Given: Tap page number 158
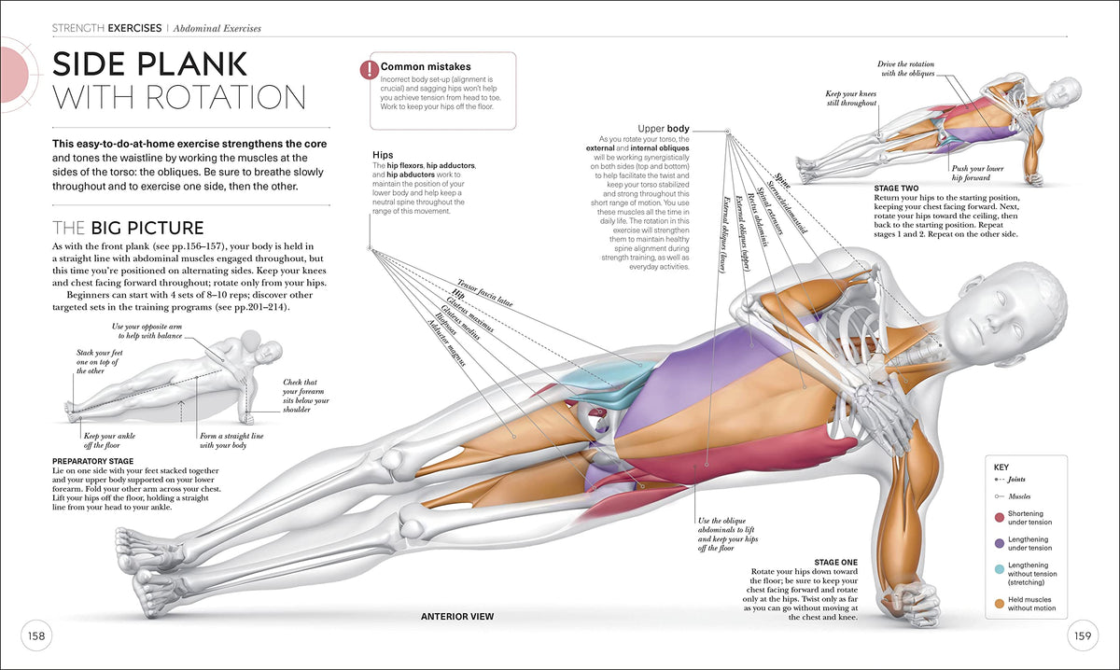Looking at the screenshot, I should [x=36, y=636].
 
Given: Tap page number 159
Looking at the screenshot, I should [x=1083, y=636].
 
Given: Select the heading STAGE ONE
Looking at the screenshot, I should [x=836, y=562].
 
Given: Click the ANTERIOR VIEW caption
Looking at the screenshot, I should [x=457, y=617].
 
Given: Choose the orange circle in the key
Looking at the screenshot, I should [x=1000, y=603].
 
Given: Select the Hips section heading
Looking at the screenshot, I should [x=382, y=155].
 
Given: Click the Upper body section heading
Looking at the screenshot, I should [x=664, y=128].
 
